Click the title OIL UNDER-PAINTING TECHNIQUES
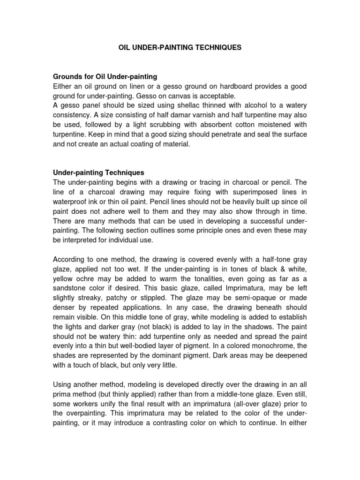click(x=180, y=47)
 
